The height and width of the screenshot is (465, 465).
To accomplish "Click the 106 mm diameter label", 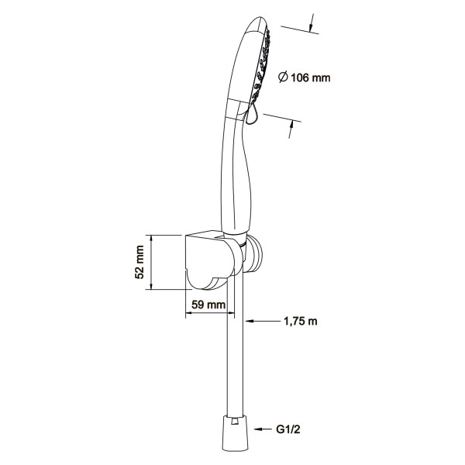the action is pos(305,77).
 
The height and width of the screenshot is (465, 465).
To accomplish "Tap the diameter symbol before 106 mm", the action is pos(283,77).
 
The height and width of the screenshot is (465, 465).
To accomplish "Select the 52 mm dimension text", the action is pos(139,262).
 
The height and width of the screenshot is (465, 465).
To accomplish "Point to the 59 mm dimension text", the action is pos(208,305).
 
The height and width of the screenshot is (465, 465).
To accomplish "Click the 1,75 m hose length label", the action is pos(301,321).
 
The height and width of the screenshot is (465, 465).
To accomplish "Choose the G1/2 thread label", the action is pos(288,429).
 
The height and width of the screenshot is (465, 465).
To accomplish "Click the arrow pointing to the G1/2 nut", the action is pos(263,429).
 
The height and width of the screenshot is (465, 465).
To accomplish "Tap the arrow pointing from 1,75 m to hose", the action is pos(263,321).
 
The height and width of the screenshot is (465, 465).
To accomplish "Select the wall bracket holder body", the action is pos(212,260).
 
